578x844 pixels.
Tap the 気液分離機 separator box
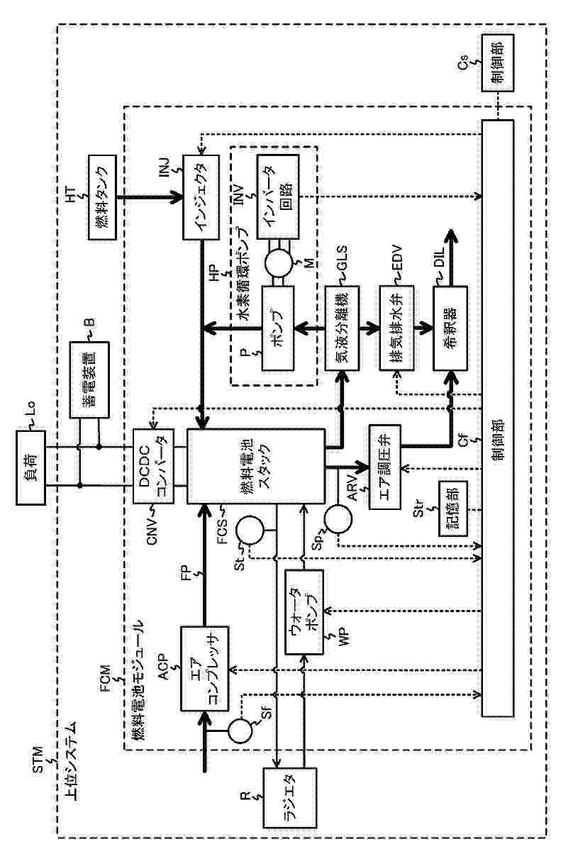coord(343,328)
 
